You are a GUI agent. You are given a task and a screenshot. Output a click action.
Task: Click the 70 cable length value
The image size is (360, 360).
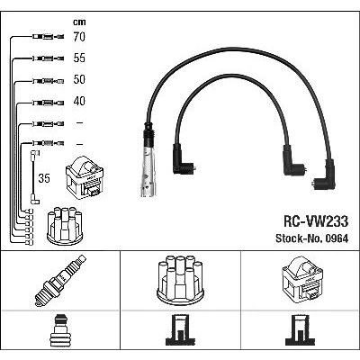79,37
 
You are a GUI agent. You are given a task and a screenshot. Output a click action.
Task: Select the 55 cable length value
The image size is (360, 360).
79,58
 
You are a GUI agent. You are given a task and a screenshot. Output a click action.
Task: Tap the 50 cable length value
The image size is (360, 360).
79,79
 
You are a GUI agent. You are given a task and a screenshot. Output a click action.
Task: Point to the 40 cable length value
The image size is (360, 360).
79,101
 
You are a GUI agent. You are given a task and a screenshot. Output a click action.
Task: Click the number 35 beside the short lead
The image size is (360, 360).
44,178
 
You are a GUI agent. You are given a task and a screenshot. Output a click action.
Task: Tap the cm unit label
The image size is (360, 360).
79,22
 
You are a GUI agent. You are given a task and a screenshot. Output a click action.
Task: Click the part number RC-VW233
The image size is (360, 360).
316,221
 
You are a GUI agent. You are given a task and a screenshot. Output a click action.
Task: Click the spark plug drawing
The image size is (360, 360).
60,280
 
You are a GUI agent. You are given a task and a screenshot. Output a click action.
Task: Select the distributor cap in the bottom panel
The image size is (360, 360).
180,280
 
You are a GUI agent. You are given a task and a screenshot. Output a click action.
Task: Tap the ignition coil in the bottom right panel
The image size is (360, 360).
302,278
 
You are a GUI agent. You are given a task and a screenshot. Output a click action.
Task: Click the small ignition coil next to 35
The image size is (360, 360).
85,177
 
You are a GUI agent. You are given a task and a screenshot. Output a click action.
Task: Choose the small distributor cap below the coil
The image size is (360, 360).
65,226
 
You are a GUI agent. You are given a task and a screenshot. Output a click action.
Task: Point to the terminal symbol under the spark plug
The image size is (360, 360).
60,330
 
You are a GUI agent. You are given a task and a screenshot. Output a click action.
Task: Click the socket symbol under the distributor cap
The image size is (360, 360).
180,330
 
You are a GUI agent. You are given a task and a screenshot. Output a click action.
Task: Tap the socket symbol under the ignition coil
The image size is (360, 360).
300,330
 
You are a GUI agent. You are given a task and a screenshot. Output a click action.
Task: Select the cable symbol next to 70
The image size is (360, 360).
48,37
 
